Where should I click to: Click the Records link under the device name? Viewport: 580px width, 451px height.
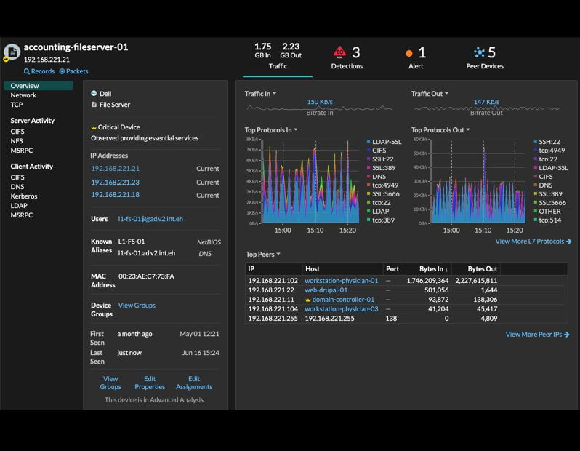[x=39, y=71]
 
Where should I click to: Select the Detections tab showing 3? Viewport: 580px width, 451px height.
[x=347, y=57]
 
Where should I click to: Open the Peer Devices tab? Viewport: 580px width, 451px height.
[x=485, y=57]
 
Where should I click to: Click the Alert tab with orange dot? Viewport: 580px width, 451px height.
[x=416, y=57]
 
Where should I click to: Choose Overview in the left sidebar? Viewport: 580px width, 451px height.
[x=25, y=86]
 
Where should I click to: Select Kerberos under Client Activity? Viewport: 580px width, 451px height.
[x=24, y=196]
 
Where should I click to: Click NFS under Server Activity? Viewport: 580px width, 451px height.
[x=17, y=141]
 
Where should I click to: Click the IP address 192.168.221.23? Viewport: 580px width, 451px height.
[x=115, y=183]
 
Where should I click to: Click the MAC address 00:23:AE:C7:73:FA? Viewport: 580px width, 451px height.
[x=146, y=276]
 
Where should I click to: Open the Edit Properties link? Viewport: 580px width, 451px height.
[x=150, y=383]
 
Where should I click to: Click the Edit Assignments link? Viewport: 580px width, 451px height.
[x=194, y=383]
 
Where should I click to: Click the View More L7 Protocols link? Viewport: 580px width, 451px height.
[x=533, y=242]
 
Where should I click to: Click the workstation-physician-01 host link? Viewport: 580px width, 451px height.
[x=341, y=281]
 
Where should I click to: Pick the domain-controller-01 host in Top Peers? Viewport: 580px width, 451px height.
[x=342, y=300]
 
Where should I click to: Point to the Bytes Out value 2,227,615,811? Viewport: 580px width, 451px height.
[x=476, y=281]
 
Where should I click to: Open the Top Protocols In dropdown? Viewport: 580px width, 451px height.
[x=271, y=130]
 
